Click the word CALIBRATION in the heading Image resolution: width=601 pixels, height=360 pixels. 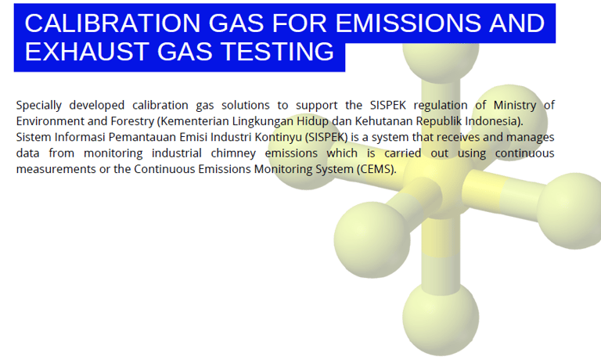tap(113, 23)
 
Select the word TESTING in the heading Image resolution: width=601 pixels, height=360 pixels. tap(278, 52)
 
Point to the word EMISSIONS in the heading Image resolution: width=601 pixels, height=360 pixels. tap(408, 23)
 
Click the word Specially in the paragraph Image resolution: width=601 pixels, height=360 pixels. tap(38, 106)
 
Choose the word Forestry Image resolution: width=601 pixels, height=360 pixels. tap(132, 121)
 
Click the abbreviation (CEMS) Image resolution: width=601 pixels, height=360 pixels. tap(376, 170)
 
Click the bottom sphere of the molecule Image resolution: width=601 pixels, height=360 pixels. tap(441, 319)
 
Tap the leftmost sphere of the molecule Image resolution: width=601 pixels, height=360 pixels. tap(304, 152)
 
